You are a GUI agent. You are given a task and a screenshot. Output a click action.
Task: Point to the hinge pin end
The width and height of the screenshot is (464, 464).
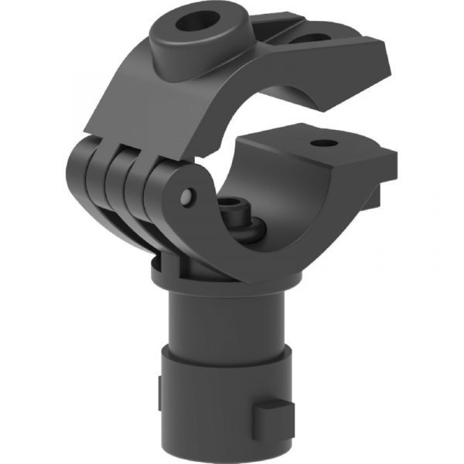click(186, 198)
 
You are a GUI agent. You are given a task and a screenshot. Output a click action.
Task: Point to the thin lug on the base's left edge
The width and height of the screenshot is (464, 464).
click(159, 387)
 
